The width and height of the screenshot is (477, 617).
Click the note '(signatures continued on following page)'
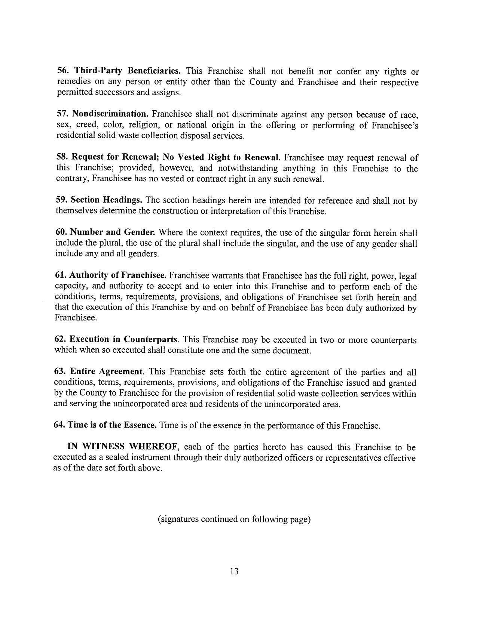click(235, 519)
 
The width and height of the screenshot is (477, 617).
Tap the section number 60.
click(61, 232)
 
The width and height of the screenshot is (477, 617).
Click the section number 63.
click(60, 372)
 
